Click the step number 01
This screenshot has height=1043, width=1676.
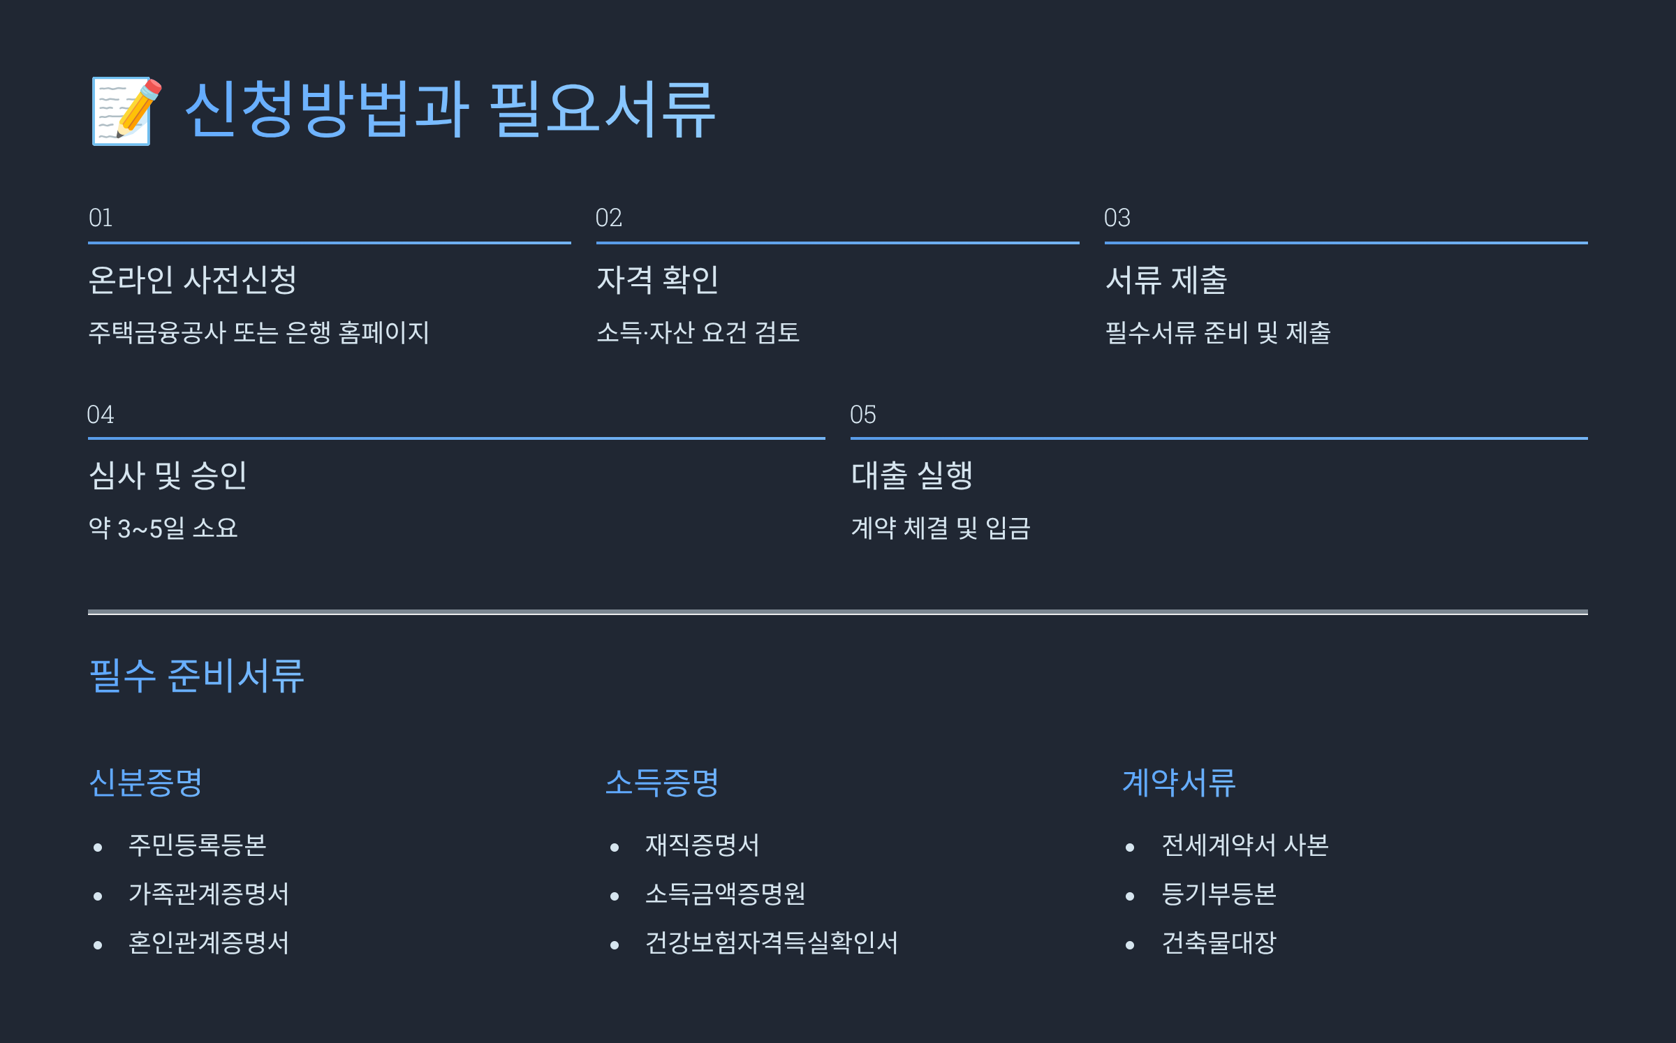tap(101, 218)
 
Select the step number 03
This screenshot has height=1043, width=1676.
tap(1117, 218)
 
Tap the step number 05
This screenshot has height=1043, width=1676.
tap(862, 415)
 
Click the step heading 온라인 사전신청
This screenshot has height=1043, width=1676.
tap(193, 280)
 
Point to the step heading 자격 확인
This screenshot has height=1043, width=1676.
tap(657, 280)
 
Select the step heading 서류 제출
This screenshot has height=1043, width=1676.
tap(1166, 280)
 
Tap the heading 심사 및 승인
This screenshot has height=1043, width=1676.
tap(168, 475)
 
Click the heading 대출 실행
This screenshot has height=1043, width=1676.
tap(911, 475)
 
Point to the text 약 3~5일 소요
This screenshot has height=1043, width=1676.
tap(163, 528)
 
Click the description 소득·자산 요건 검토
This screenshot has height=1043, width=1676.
tap(698, 332)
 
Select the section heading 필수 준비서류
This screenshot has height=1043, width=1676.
tap(197, 676)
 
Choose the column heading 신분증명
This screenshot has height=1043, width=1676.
tap(146, 783)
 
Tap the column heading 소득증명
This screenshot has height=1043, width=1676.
tap(662, 783)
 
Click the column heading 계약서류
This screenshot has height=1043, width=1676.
tap(1179, 783)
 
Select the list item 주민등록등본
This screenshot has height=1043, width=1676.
tap(198, 845)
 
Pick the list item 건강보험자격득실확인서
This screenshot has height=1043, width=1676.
tap(771, 943)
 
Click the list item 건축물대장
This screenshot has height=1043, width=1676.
tap(1219, 943)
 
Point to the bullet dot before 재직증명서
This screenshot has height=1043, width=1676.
tap(615, 848)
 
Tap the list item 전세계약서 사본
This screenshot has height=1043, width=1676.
tap(1244, 845)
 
